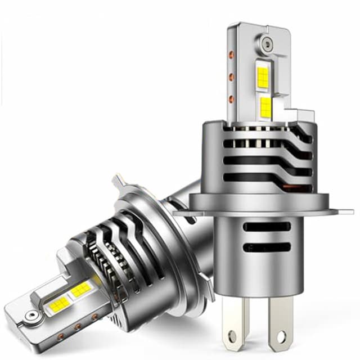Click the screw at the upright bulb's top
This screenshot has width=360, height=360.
click(265, 42)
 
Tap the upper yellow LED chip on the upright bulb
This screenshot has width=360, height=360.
click(263, 76)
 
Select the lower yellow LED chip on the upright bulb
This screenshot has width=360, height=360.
click(266, 107)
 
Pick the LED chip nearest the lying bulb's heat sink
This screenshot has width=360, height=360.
click(82, 289)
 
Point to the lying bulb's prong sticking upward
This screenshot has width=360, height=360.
click(120, 182)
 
